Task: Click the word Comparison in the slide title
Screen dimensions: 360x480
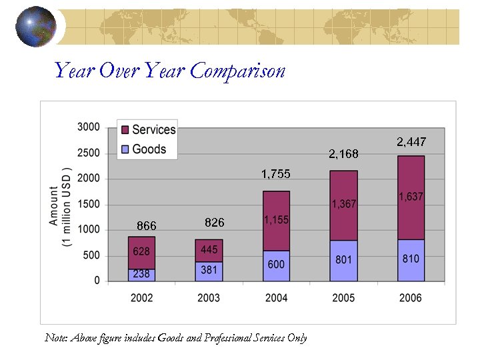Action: [x=237, y=71]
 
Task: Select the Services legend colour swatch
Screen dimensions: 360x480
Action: [x=124, y=130]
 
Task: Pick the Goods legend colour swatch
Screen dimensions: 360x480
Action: [x=124, y=149]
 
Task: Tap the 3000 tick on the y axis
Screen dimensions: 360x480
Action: [x=89, y=127]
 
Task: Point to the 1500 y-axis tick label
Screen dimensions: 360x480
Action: [x=89, y=204]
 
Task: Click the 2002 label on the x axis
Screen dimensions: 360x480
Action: [x=141, y=298]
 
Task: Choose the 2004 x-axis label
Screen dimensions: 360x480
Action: [x=276, y=298]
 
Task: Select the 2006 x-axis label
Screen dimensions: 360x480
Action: [x=411, y=298]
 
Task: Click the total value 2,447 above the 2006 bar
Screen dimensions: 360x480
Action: [x=411, y=142]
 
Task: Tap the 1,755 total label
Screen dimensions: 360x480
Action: [x=275, y=174]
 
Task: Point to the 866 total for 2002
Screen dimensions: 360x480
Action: [x=146, y=226]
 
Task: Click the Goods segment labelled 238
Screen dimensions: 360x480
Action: [x=141, y=274]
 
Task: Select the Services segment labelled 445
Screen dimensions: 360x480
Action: [x=209, y=250]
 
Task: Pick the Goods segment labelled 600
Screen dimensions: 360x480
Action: [x=276, y=265]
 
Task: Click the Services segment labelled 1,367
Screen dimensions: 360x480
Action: [x=344, y=205]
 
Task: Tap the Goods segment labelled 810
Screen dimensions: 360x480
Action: [x=411, y=259]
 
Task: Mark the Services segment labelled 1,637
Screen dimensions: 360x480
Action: [x=411, y=197]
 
